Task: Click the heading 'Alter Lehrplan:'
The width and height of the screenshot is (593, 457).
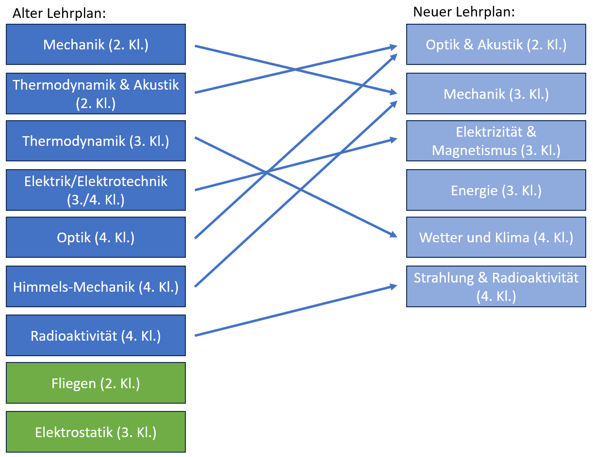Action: (59, 14)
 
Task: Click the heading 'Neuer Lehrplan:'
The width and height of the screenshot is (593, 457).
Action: (463, 12)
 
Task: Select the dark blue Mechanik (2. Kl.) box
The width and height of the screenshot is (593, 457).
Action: (96, 45)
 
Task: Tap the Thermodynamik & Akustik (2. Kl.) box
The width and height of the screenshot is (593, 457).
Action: (96, 93)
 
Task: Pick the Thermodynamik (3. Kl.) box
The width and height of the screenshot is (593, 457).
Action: (96, 141)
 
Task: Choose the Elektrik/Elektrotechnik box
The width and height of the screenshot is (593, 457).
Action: (96, 189)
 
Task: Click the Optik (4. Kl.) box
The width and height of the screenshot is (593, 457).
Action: (96, 237)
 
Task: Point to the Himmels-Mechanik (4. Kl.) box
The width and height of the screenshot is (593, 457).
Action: (96, 286)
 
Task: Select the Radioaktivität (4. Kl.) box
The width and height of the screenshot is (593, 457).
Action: (96, 335)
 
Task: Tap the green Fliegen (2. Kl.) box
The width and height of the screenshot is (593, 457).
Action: (96, 383)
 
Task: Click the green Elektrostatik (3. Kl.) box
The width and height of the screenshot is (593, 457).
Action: (96, 432)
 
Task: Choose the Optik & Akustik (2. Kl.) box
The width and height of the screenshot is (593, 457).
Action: (496, 45)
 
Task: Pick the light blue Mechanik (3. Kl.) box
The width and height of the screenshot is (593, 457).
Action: (496, 94)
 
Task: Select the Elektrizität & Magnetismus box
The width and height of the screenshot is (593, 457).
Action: (496, 141)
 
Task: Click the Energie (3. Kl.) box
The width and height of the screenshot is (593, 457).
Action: (496, 190)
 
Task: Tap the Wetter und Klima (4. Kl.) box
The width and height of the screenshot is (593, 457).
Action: (496, 237)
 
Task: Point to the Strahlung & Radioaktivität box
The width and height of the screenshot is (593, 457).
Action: (496, 286)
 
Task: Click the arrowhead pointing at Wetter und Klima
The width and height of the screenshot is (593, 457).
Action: (394, 235)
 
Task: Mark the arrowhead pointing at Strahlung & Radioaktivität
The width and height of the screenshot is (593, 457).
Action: (393, 286)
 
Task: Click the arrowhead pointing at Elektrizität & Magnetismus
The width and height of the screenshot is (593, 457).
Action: (393, 140)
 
